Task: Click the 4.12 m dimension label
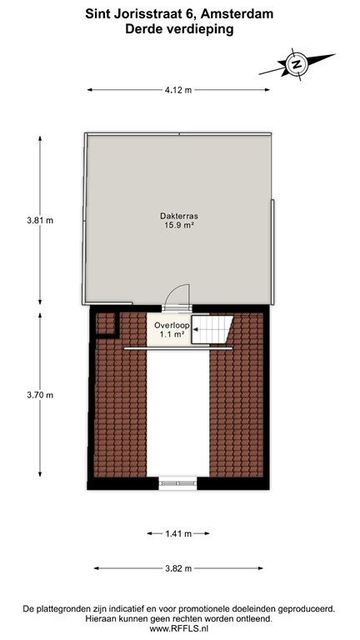(178, 90)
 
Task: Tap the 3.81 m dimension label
(40, 221)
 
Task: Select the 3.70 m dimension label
(40, 395)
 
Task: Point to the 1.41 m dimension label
(178, 533)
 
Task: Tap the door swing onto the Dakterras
(177, 297)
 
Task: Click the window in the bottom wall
(177, 482)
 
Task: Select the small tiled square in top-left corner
(105, 322)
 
